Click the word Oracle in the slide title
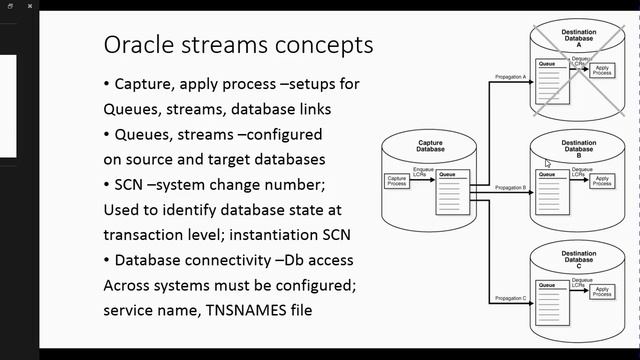[x=139, y=45]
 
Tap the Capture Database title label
[x=430, y=147]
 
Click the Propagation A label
[x=511, y=76]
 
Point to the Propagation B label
[x=511, y=188]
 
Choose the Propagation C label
[x=511, y=299]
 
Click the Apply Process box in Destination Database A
[x=602, y=71]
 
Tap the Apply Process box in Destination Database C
[x=602, y=292]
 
